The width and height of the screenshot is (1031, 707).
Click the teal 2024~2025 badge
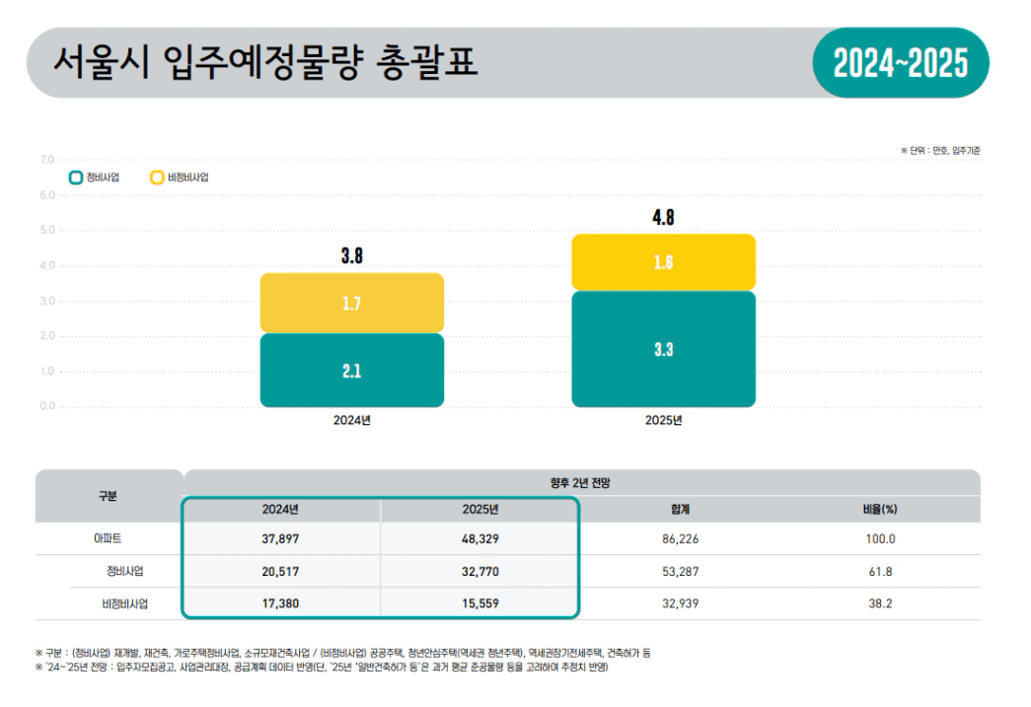pos(900,64)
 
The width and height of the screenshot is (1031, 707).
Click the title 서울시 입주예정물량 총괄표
pos(265,62)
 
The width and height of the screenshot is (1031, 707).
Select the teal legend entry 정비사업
pos(95,177)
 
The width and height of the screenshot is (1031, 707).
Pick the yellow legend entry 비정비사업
pos(180,177)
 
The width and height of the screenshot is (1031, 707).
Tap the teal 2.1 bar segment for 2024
pos(351,371)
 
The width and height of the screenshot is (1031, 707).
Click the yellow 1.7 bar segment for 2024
pos(351,304)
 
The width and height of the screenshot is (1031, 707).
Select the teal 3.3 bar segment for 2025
pos(663,349)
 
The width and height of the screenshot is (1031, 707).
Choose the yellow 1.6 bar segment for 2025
pos(663,262)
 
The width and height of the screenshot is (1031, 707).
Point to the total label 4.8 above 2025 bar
pos(663,218)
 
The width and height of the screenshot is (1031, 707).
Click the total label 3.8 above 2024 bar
pos(351,256)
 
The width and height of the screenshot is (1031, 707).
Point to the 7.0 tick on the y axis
pos(47,160)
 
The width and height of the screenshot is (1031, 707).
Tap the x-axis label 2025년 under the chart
pos(663,420)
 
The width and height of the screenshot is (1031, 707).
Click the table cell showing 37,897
pos(280,539)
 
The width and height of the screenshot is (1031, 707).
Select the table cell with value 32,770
pos(479,571)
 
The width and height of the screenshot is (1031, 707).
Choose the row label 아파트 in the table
pos(109,539)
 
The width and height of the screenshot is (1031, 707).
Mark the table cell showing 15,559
pos(479,602)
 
